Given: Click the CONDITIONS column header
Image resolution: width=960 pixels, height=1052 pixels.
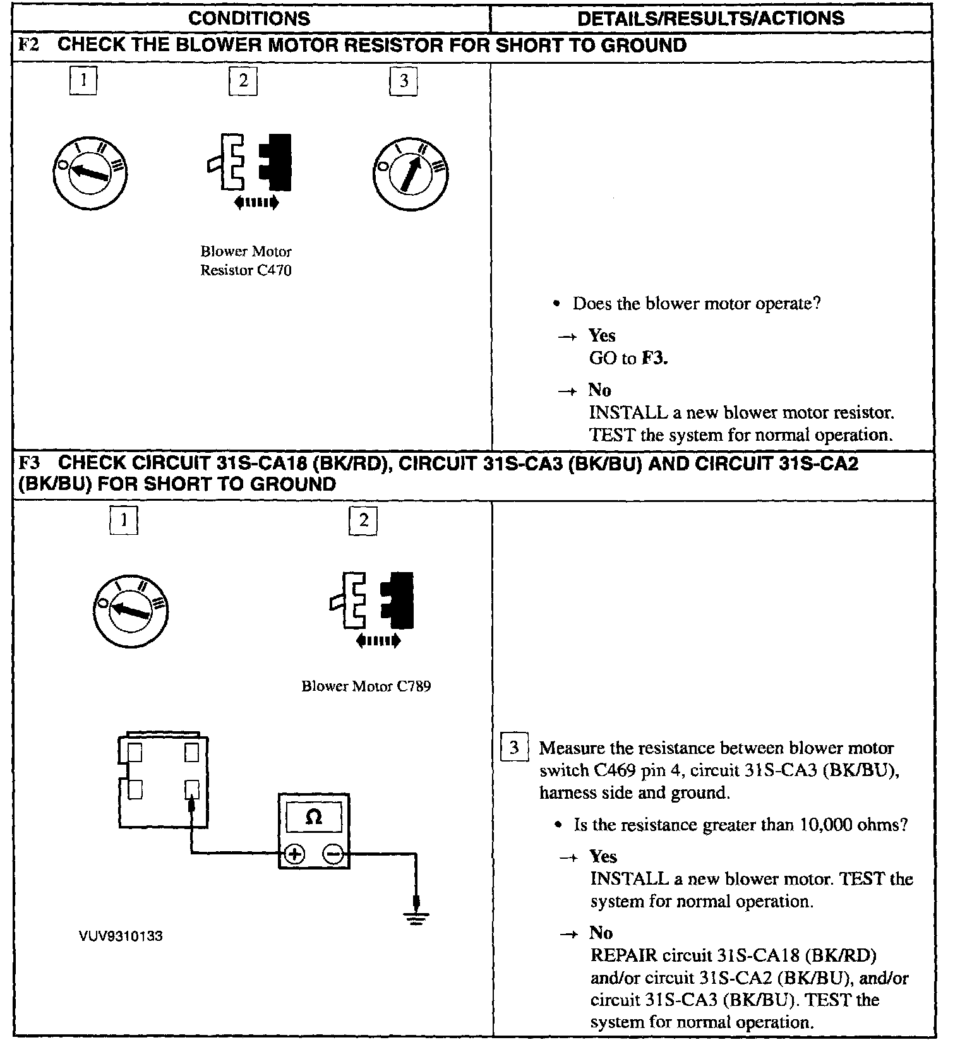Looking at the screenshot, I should tap(249, 18).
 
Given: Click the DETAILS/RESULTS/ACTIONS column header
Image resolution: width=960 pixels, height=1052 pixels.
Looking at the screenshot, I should tap(711, 18).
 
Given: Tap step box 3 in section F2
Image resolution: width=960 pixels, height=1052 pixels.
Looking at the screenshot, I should tap(404, 81).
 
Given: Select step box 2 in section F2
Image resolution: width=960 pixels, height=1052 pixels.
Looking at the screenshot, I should tap(243, 81).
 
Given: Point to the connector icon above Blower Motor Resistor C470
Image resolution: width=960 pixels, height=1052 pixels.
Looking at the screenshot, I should tap(251, 163).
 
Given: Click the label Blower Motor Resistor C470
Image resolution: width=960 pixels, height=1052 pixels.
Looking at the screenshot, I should tap(246, 261).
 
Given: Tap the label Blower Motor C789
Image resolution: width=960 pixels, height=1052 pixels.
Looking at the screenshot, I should tap(366, 686).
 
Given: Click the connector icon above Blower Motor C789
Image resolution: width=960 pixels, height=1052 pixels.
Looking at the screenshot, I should tap(373, 601).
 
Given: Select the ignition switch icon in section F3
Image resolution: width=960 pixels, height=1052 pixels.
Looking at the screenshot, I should tap(131, 610).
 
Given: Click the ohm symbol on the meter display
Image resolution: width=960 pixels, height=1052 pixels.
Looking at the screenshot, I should tap(313, 818).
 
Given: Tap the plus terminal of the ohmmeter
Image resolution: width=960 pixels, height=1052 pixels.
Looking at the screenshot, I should tap(294, 854).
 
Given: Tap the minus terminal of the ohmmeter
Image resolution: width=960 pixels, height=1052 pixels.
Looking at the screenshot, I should tap(333, 854).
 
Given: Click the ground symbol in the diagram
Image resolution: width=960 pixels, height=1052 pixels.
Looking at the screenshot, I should tap(416, 918).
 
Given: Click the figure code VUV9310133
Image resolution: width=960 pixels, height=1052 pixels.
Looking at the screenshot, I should tap(121, 936).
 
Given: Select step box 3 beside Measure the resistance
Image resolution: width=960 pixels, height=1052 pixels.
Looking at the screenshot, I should tap(513, 748).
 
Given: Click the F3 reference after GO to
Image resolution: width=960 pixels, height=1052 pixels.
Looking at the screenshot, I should tap(654, 359).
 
